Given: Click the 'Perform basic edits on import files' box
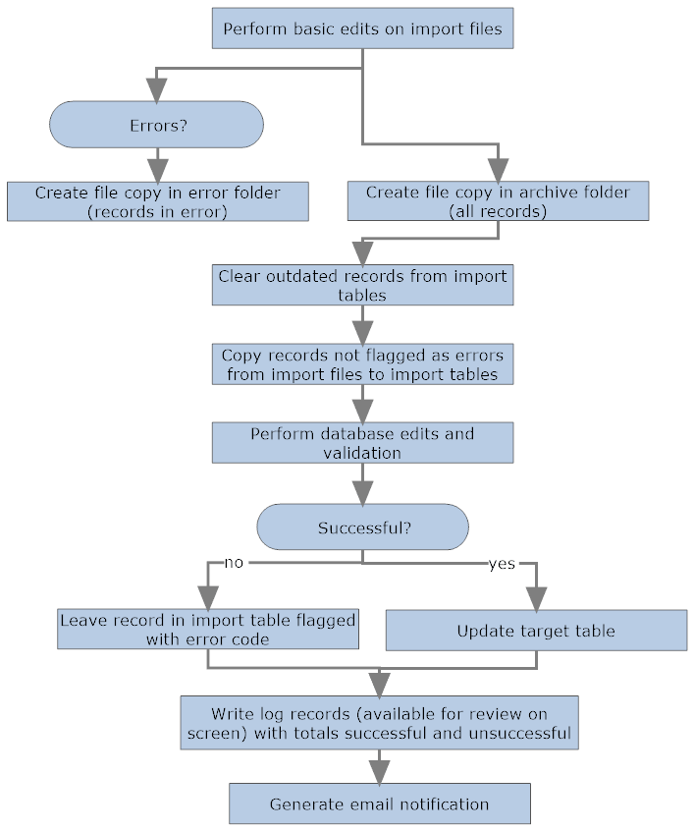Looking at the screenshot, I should pyautogui.click(x=362, y=28).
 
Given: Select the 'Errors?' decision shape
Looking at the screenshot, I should pyautogui.click(x=157, y=126).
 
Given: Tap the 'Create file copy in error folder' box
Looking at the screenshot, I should pyautogui.click(x=157, y=201).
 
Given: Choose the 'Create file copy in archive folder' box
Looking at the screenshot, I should pyautogui.click(x=498, y=200).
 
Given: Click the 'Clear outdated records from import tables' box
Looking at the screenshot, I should pyautogui.click(x=362, y=285).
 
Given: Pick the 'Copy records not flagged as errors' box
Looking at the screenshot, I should pyautogui.click(x=362, y=364).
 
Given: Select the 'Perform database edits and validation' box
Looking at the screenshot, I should pyautogui.click(x=362, y=443).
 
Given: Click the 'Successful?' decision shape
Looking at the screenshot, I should pyautogui.click(x=363, y=527).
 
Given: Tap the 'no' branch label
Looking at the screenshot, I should pyautogui.click(x=234, y=563).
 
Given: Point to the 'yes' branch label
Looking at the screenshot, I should pyautogui.click(x=502, y=565).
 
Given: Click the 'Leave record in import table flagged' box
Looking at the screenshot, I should pyautogui.click(x=207, y=629).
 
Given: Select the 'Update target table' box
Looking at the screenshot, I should pyautogui.click(x=536, y=631).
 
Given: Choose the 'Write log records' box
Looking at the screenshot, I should pyautogui.click(x=379, y=723).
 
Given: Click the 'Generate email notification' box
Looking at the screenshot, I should pyautogui.click(x=379, y=803).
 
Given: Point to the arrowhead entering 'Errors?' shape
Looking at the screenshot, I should pyautogui.click(x=157, y=91).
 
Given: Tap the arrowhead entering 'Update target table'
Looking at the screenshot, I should pyautogui.click(x=536, y=598).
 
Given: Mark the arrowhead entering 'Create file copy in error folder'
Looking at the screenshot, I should pyautogui.click(x=157, y=170).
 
